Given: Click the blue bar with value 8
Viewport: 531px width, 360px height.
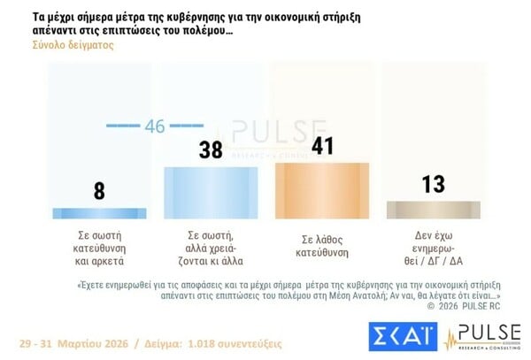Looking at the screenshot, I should pyautogui.click(x=99, y=213).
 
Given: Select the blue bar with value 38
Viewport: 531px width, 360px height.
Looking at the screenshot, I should pyautogui.click(x=210, y=192).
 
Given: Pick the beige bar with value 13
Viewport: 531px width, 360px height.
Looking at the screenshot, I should pyautogui.click(x=434, y=210).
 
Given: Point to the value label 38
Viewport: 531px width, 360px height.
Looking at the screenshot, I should pyautogui.click(x=210, y=150).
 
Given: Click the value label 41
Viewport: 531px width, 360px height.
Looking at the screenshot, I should pyautogui.click(x=322, y=146).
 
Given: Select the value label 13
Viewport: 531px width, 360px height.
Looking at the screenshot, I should pyautogui.click(x=434, y=185).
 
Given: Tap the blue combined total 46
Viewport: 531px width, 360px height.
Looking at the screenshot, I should pyautogui.click(x=155, y=126).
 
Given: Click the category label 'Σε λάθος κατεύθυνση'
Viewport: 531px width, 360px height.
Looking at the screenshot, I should pyautogui.click(x=322, y=245).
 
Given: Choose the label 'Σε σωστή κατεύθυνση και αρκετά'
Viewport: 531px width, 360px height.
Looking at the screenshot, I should pyautogui.click(x=99, y=250).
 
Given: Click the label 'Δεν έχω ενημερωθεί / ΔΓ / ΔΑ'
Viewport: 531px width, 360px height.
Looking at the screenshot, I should pyautogui.click(x=434, y=250).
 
